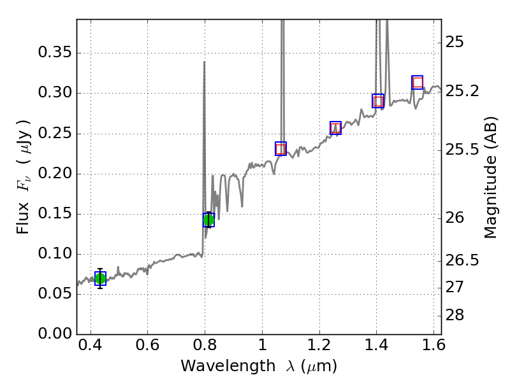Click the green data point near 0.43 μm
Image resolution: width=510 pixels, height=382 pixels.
click(x=100, y=279)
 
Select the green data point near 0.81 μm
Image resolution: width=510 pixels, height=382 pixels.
click(x=208, y=220)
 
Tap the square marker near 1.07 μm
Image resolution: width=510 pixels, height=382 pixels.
click(x=280, y=149)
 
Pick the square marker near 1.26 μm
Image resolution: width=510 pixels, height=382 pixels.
click(x=335, y=128)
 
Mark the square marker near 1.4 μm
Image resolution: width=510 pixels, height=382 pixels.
click(x=378, y=101)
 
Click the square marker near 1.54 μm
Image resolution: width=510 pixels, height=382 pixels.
click(x=418, y=82)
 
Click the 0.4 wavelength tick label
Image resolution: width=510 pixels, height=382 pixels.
click(x=91, y=348)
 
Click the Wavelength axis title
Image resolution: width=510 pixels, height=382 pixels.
click(x=258, y=366)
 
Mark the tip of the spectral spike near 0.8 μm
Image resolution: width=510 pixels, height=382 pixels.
click(x=204, y=62)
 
